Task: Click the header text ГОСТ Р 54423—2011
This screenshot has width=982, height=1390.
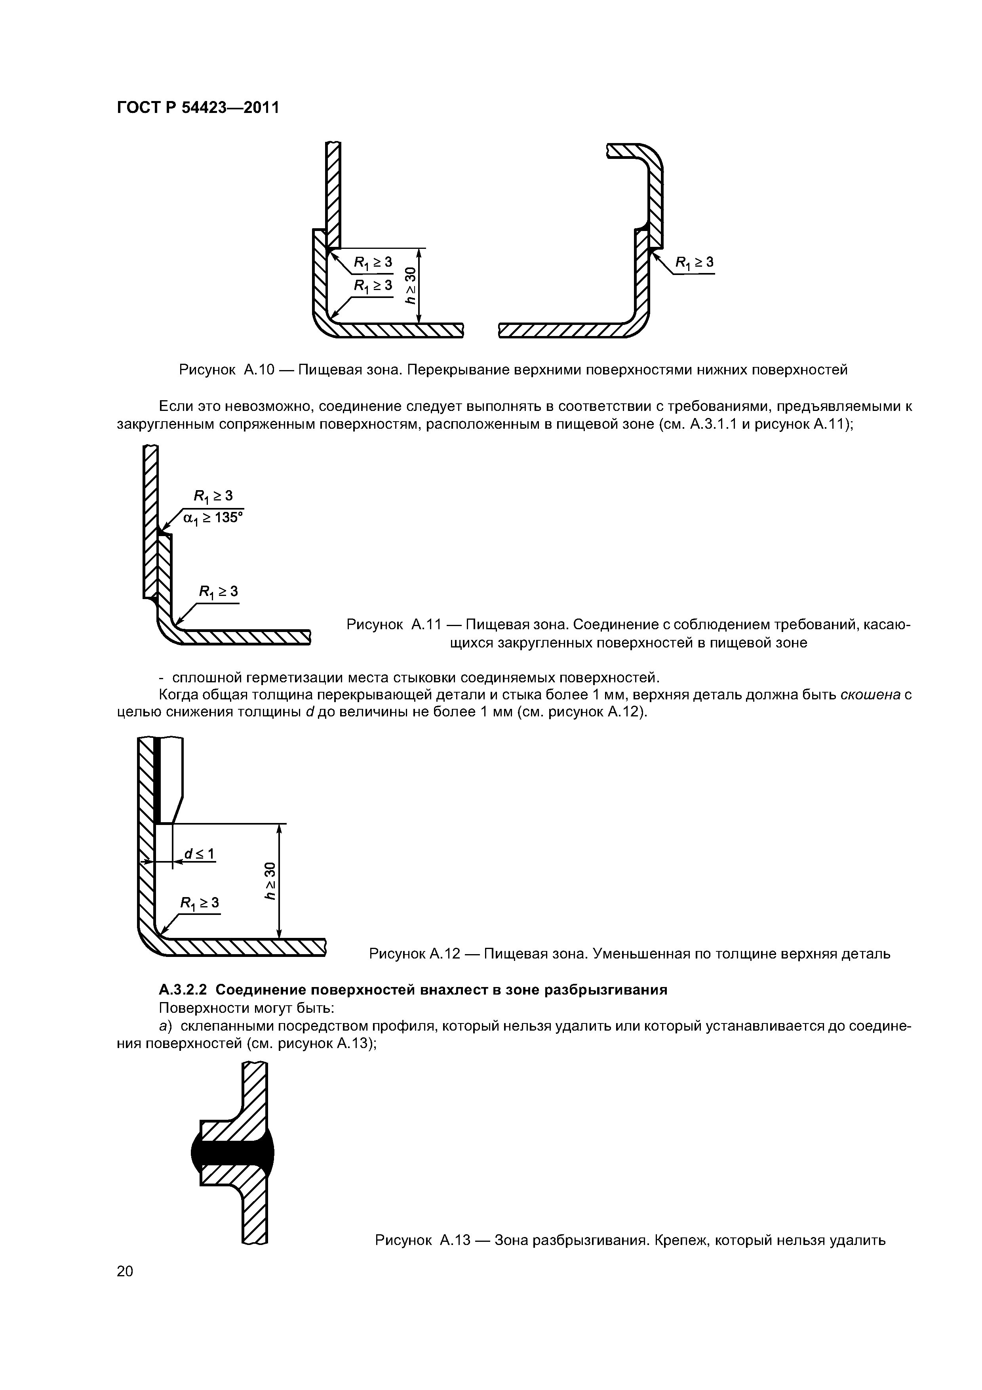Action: pyautogui.click(x=198, y=108)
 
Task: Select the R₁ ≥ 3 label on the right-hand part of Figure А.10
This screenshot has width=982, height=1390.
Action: pyautogui.click(x=694, y=262)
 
